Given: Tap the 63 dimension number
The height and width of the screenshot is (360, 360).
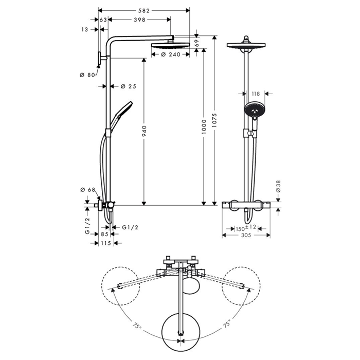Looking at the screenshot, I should pyautogui.click(x=103, y=20).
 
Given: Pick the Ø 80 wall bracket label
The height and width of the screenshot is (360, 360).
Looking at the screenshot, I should pyautogui.click(x=88, y=76).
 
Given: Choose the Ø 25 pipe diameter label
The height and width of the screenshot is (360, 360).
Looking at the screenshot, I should pyautogui.click(x=129, y=86).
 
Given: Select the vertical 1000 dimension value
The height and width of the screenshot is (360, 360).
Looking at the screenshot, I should pyautogui.click(x=204, y=128).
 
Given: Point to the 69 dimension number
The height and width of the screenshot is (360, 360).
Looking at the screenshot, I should pyautogui.click(x=197, y=44).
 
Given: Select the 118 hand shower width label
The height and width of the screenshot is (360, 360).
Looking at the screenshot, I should pyautogui.click(x=256, y=94).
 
